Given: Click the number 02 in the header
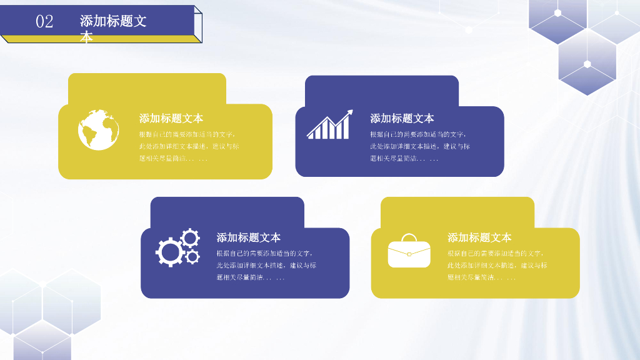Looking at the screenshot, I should pos(44,21).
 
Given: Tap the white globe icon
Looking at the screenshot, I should pos(99,130).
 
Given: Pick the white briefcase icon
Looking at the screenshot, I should pos(409,251).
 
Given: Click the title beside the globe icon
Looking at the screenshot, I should pos(171,119).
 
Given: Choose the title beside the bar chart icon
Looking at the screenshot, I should pos(402,119).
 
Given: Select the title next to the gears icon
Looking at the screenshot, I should pos(249,237).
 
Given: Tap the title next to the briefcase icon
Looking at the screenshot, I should pos(479,237).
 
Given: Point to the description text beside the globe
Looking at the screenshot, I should pos(189,146).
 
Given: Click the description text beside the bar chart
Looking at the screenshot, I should pos(419,146).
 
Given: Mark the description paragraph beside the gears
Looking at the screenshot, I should pos(266,265).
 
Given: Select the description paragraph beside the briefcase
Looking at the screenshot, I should pos(497,265).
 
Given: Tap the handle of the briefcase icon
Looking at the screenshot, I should pos(409,237).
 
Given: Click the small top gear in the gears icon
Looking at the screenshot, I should pos(190,237).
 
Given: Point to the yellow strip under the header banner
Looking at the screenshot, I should pos(100,39).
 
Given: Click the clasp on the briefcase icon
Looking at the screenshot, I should pos(409,253).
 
